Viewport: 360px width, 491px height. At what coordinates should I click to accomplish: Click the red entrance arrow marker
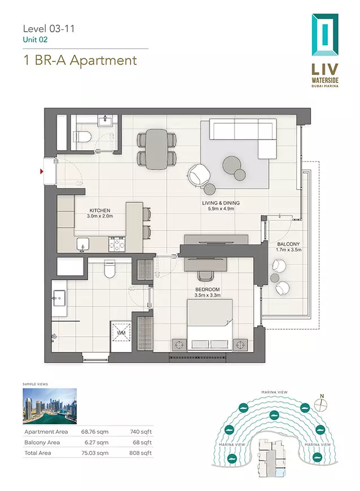click(41, 171)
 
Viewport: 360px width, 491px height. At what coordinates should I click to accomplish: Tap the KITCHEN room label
click(99, 210)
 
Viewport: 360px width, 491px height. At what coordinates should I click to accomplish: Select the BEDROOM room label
click(207, 289)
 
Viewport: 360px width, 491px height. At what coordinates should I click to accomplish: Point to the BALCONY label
click(289, 244)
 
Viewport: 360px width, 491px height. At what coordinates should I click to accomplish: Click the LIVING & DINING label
click(221, 203)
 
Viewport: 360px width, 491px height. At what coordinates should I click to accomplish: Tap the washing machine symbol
click(121, 332)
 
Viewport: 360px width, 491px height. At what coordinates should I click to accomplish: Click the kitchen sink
click(83, 244)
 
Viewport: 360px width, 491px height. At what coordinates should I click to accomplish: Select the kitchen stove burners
click(117, 244)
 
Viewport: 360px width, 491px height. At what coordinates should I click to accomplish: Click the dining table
click(157, 149)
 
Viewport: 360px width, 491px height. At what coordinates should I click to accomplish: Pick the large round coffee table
click(232, 166)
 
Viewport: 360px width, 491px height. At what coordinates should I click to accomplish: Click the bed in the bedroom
click(210, 325)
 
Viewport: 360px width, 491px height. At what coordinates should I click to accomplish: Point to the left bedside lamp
click(179, 345)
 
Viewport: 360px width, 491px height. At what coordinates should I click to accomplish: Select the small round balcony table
click(275, 278)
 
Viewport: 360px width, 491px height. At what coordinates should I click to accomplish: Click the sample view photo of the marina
click(50, 406)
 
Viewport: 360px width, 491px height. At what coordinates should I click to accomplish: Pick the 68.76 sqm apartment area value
click(94, 432)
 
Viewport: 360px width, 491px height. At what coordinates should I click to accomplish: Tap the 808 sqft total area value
click(140, 453)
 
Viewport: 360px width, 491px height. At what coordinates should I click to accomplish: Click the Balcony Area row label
click(42, 442)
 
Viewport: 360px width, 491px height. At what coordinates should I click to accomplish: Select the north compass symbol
click(321, 404)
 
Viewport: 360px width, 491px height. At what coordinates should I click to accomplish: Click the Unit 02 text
click(35, 40)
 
